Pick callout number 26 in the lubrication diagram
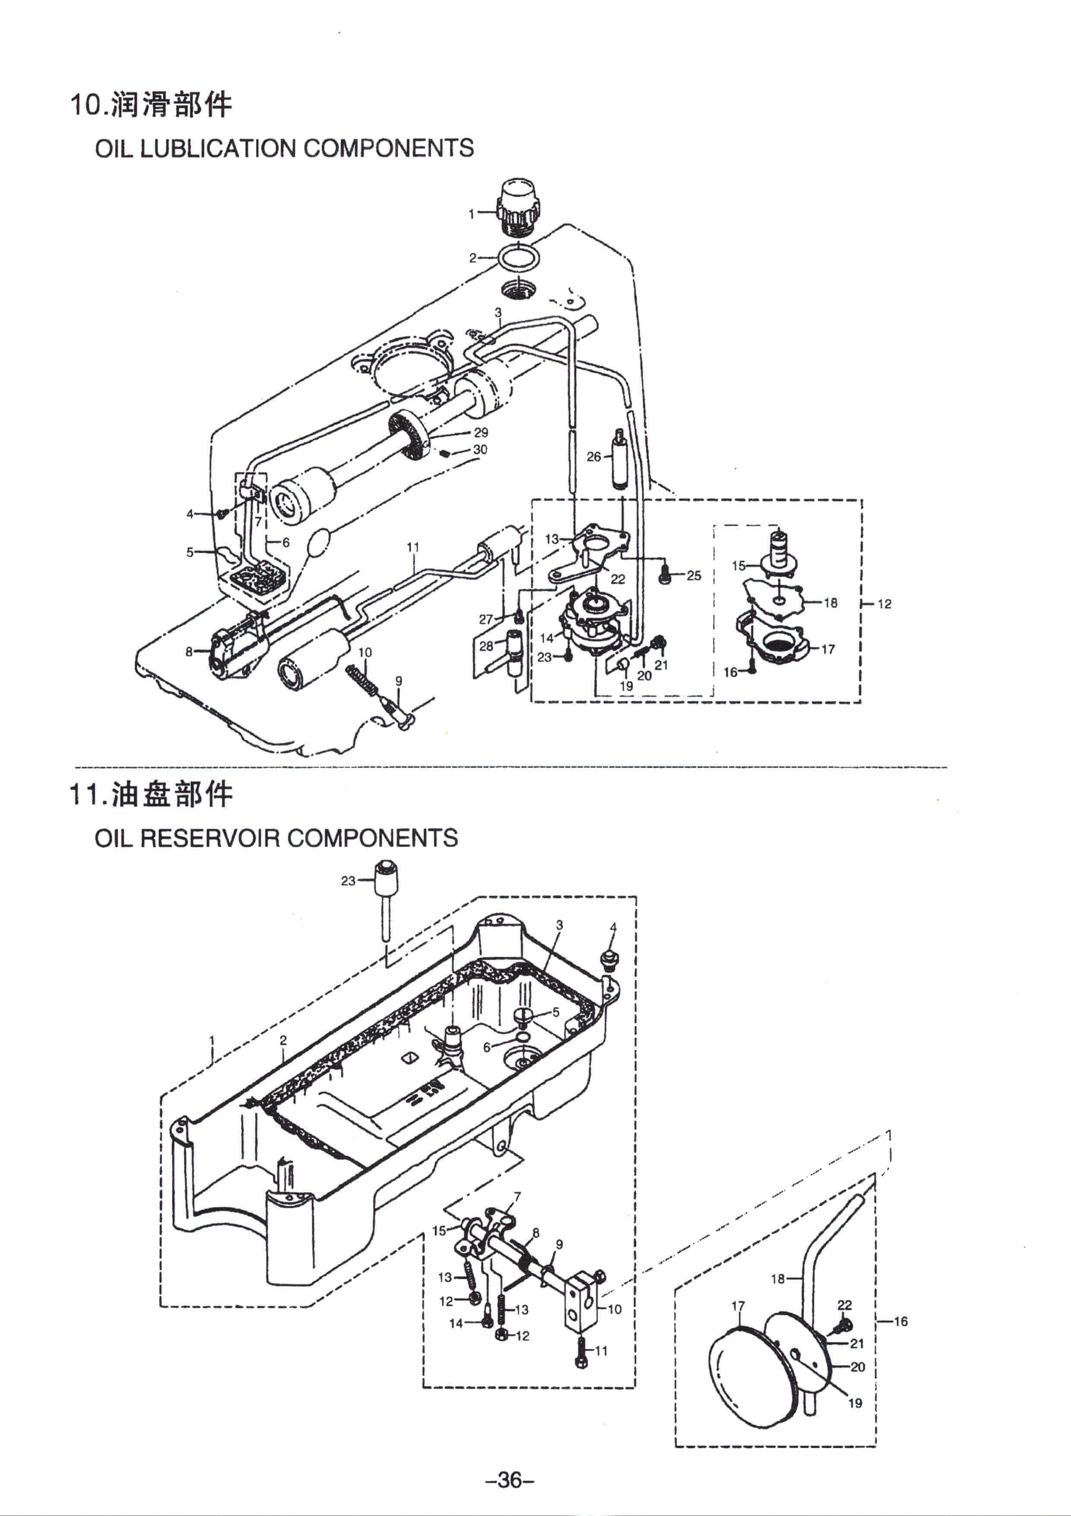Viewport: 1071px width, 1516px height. pyautogui.click(x=594, y=456)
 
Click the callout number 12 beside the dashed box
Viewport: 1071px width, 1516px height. pyautogui.click(x=884, y=603)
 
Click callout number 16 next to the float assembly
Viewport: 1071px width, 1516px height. pyautogui.click(x=901, y=1321)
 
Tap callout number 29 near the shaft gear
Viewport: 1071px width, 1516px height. pyautogui.click(x=481, y=433)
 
